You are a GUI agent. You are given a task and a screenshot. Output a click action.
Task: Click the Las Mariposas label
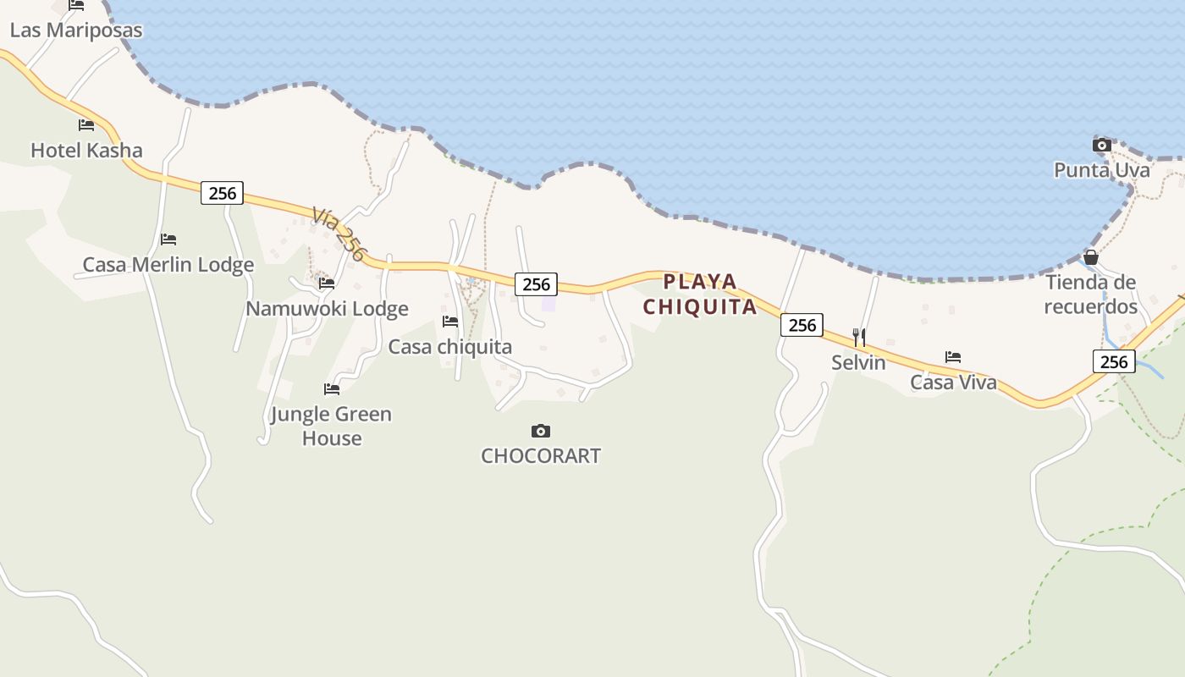[x=76, y=30]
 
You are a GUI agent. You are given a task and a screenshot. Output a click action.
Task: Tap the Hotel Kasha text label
[x=86, y=151]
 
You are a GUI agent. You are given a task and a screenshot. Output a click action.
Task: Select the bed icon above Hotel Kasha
[x=85, y=125]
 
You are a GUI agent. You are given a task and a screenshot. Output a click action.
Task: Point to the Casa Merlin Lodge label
[x=168, y=265]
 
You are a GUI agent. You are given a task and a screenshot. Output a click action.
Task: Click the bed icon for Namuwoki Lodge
[x=327, y=283]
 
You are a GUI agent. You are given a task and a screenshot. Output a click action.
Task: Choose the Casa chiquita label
[x=450, y=347]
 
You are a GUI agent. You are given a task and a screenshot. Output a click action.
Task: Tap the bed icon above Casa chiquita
[x=450, y=322]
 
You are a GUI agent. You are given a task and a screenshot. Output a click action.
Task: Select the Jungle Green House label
[x=331, y=427]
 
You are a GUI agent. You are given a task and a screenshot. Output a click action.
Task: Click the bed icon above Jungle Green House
[x=332, y=389]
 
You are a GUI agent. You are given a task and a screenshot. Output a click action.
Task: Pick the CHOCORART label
[x=541, y=456]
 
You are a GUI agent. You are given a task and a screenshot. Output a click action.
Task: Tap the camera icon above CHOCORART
[x=541, y=432]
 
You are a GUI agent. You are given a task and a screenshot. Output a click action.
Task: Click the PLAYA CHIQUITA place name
[x=700, y=294]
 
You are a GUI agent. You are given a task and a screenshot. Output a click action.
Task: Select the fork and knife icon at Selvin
[x=859, y=338]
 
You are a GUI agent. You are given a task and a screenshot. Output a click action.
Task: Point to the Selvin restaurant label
[x=858, y=363]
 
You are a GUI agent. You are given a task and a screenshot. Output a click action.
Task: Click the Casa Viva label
[x=953, y=383]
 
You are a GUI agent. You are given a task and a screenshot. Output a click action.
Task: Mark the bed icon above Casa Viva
[x=953, y=357]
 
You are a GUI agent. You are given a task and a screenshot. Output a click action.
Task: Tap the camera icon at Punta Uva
[x=1101, y=146]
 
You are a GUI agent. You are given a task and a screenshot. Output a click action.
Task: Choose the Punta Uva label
[x=1101, y=170]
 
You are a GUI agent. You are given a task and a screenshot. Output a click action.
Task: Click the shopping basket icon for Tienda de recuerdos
[x=1091, y=257]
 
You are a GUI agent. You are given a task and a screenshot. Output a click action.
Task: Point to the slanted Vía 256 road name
[x=339, y=234]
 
